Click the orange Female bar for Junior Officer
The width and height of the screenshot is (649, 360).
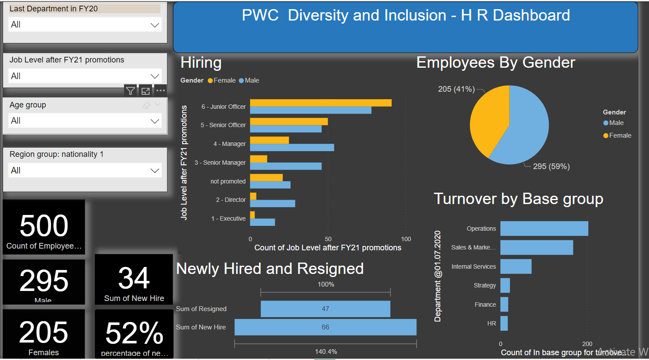point(321,103)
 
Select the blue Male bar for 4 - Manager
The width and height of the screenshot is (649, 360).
point(292,148)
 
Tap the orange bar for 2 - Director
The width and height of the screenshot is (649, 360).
point(253,196)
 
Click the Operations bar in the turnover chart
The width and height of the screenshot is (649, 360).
point(544,228)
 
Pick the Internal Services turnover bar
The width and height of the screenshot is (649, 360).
point(516,267)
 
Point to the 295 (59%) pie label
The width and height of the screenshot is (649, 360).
point(551,166)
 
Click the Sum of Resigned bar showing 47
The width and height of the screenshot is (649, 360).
point(325,309)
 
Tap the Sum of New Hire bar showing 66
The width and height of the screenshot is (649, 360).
point(325,327)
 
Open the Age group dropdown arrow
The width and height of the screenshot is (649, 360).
point(155,121)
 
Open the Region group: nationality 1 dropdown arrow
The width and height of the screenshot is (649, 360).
point(155,171)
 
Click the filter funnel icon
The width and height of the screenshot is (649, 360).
point(131,91)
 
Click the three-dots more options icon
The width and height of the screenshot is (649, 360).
point(161,91)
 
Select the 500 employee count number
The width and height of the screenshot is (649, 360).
point(44,226)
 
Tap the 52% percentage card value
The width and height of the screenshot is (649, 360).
point(134,333)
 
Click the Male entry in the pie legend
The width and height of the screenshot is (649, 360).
point(616,123)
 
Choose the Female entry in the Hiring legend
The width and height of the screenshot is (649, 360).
point(224,80)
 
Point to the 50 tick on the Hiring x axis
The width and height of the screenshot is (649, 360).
point(328,239)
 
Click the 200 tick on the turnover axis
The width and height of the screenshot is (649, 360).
point(587,344)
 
